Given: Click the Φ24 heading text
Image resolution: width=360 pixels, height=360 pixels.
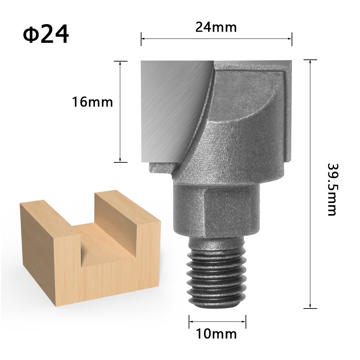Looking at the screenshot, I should (x=46, y=35).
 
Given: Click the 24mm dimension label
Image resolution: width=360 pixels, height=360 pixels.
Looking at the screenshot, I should (x=216, y=27).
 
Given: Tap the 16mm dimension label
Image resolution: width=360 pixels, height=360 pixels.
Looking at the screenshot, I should (x=93, y=102).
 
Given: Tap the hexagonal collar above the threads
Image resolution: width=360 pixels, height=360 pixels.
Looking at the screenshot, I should (x=216, y=209).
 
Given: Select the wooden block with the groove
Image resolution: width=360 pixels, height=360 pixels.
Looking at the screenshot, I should (x=90, y=252).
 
